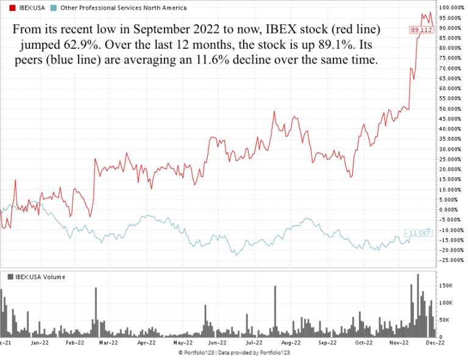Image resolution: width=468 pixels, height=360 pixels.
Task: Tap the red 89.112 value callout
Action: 421,30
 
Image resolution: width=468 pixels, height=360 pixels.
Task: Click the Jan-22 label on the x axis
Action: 40,343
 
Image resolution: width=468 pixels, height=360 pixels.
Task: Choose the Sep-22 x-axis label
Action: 327,343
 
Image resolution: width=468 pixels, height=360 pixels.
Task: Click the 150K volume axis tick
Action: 447,285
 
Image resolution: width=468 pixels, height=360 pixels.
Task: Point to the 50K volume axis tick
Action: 445,320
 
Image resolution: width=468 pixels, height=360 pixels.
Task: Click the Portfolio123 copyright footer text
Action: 234,353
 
